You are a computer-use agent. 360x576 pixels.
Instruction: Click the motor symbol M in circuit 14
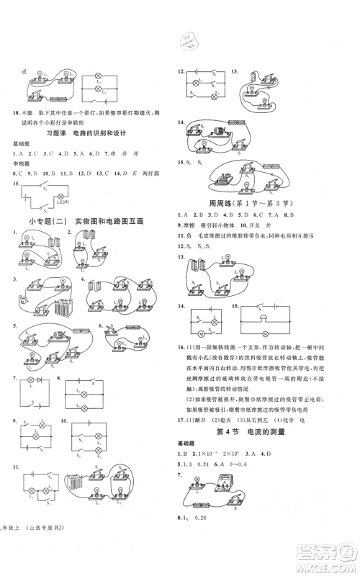pyautogui.click(x=201, y=336)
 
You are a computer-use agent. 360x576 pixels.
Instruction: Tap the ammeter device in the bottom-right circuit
pyautogui.click(x=240, y=500)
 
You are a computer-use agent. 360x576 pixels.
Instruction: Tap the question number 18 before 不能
pyautogui.click(x=18, y=113)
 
